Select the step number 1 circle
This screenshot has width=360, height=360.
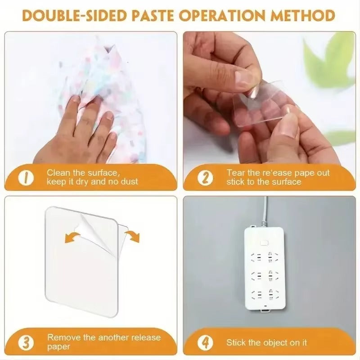coord(26,178)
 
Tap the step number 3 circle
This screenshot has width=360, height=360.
coord(27,342)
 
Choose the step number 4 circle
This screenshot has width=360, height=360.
coord(206,342)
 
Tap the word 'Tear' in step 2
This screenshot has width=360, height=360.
coord(235,173)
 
